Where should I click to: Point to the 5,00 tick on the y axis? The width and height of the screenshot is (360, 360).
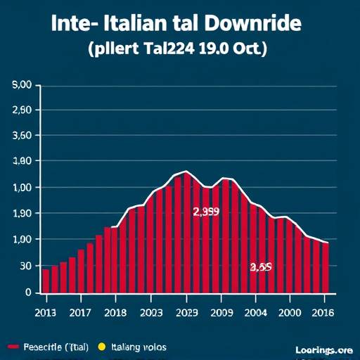point(22,85)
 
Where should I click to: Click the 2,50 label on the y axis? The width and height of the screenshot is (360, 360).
point(22,110)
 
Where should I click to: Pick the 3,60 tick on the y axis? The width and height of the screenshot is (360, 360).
point(22,136)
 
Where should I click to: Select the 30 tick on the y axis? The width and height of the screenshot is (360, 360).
point(25,266)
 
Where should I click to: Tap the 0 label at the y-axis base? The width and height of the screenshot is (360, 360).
point(29,291)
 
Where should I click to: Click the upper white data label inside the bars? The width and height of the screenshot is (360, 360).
point(206,211)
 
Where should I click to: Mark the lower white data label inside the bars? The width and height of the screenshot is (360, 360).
point(261,267)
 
